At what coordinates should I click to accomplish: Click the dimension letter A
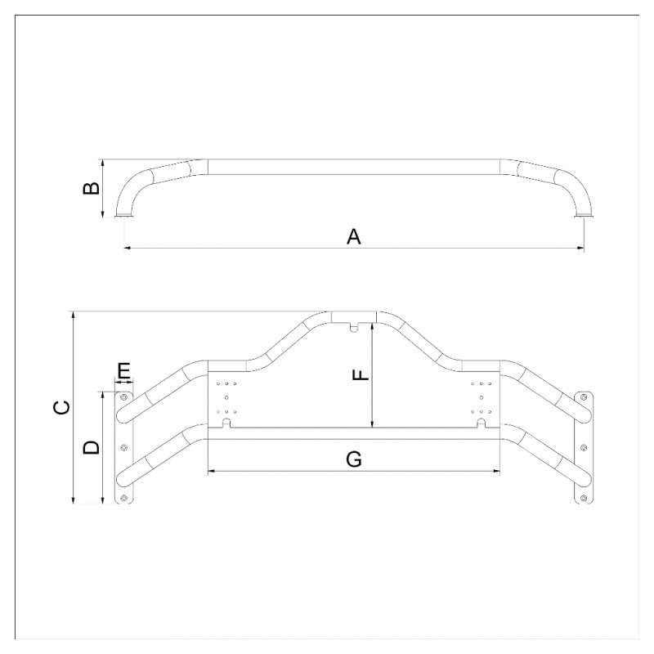354,237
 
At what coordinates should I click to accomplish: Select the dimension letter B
92,189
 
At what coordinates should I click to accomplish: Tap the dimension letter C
62,407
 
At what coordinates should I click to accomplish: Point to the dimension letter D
92,447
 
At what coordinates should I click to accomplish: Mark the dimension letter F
361,374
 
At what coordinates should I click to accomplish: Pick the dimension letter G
354,459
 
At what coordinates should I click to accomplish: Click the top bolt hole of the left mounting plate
123,397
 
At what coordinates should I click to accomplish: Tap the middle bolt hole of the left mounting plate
123,447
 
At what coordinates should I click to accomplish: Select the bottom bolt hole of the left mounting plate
123,498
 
